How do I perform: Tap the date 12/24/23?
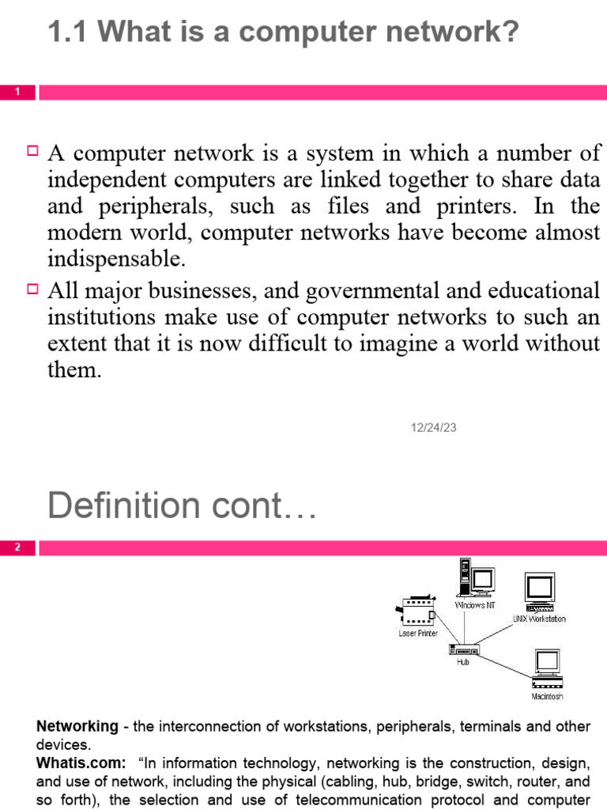point(433,427)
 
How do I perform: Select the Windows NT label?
point(474,605)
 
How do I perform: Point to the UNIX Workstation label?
point(539,619)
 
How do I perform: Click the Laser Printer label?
point(417,634)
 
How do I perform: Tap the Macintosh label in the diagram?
point(547,697)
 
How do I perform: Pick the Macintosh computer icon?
point(546,669)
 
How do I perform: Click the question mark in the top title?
point(510,32)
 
